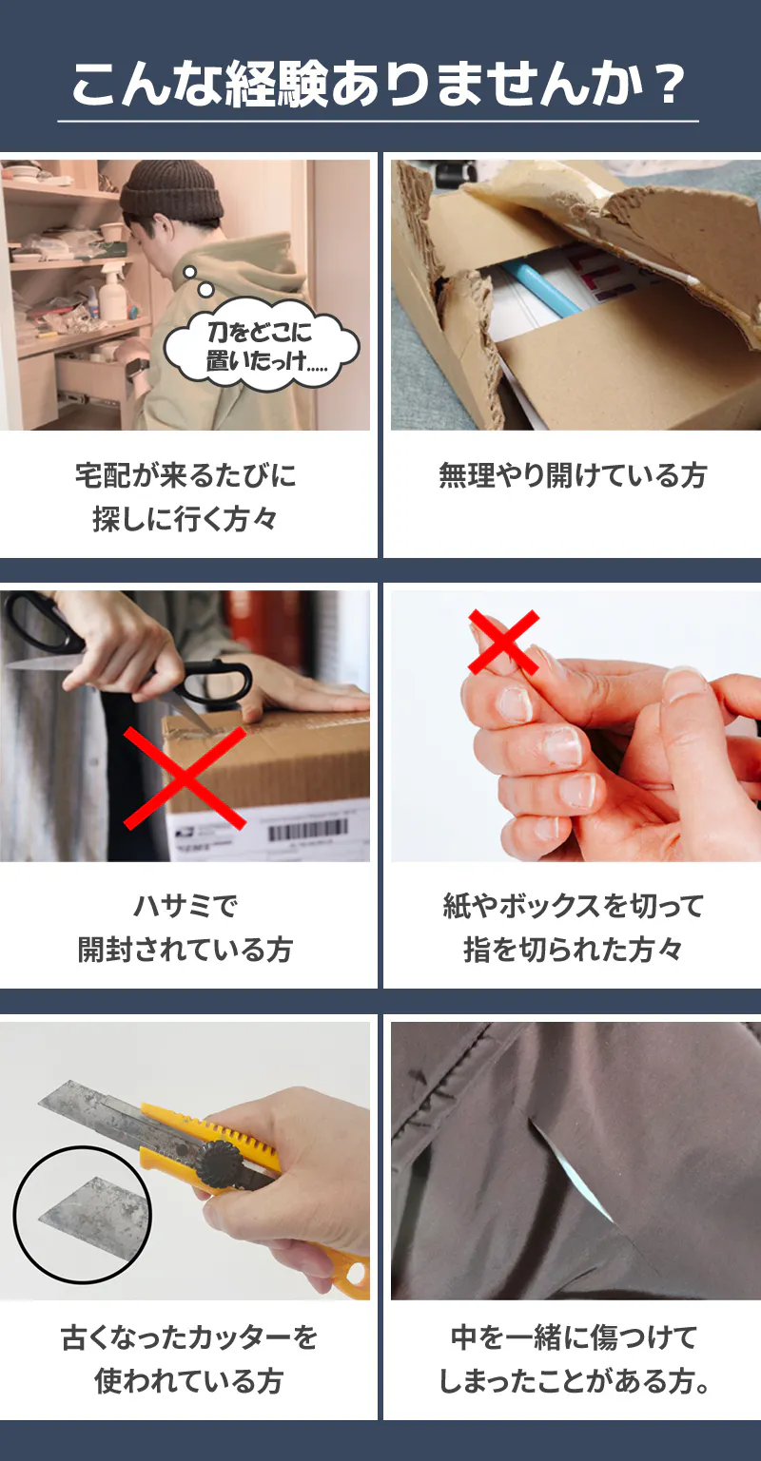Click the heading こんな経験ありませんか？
coord(379,85)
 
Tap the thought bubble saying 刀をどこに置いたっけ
coord(261,345)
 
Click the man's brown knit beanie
coord(172,190)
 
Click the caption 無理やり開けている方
coord(573,475)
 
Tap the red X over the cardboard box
coord(185,779)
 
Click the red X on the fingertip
coord(503,642)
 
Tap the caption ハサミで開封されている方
coord(185,928)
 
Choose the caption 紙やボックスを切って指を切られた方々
coord(573,928)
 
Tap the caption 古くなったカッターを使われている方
coord(188,1359)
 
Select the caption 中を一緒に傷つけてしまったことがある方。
coord(574,1359)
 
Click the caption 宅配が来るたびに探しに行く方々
coord(185,497)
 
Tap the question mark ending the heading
coord(668,85)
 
